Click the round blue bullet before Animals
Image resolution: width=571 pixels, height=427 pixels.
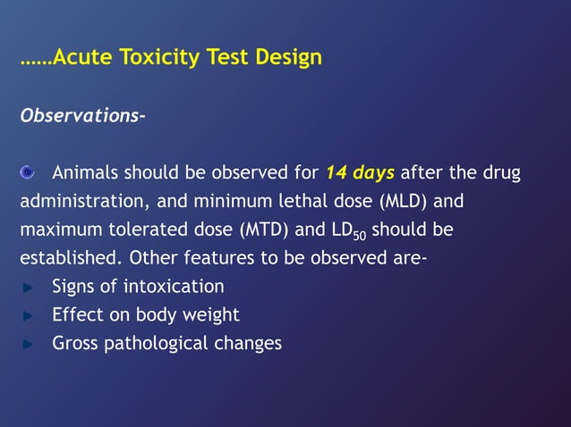click(29, 172)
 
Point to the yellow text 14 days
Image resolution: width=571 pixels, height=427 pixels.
click(360, 172)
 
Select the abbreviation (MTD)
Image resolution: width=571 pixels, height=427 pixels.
click(265, 230)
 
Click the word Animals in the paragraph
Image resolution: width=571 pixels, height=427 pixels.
click(86, 172)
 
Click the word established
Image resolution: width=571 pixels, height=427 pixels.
click(68, 258)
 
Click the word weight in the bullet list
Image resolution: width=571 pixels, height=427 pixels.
click(214, 315)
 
